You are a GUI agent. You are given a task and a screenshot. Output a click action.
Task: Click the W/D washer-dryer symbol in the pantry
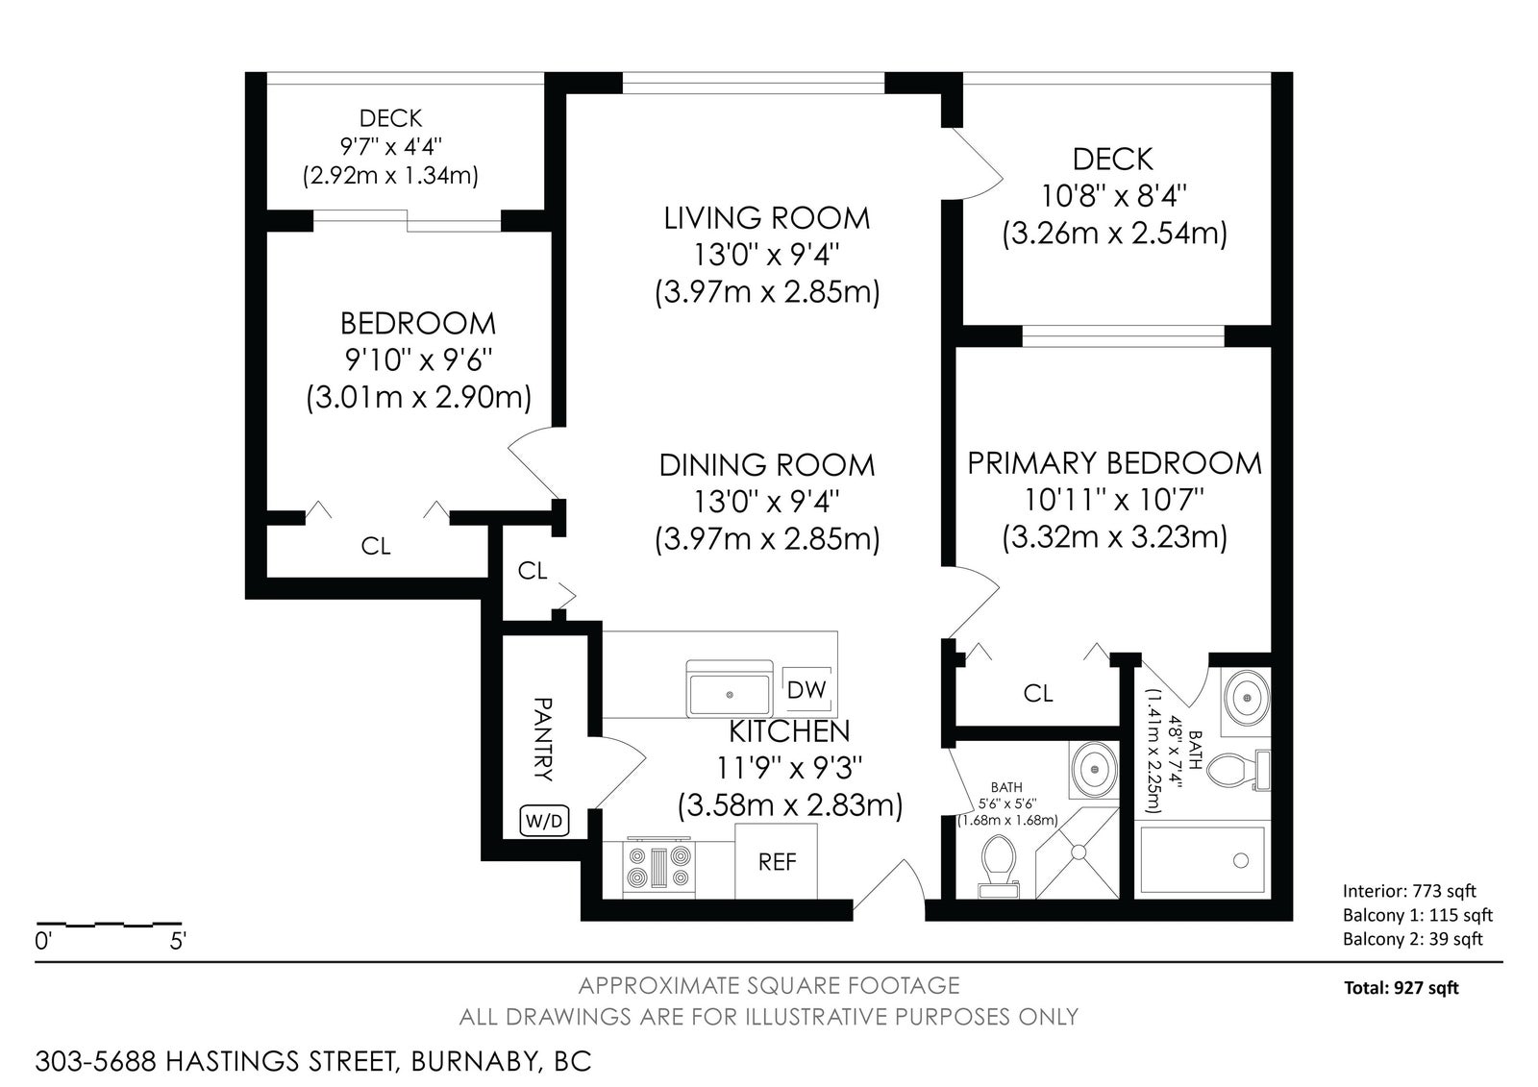click(x=545, y=820)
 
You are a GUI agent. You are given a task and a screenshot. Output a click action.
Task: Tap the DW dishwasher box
click(x=807, y=689)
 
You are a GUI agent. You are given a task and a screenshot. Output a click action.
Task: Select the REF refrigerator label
click(x=778, y=862)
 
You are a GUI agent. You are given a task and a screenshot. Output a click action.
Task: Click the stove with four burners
click(x=659, y=867)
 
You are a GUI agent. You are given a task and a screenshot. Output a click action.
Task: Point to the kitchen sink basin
click(x=730, y=694)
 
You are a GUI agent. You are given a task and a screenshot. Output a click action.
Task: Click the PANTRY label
click(x=543, y=739)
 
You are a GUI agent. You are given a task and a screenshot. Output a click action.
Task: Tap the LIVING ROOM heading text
click(x=767, y=218)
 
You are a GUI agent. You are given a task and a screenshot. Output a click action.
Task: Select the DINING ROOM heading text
click(x=767, y=465)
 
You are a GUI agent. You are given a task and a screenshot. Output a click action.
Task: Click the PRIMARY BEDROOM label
click(x=1114, y=463)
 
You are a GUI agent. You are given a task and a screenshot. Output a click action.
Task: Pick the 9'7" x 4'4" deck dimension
click(x=390, y=146)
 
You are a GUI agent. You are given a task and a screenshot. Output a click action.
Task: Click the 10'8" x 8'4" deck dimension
click(x=1114, y=197)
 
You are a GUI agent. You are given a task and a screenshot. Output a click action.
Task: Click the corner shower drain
click(x=1079, y=852)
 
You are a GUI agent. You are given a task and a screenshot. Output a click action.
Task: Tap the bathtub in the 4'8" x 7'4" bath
click(x=1203, y=861)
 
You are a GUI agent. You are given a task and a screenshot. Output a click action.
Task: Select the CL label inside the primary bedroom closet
click(x=1038, y=694)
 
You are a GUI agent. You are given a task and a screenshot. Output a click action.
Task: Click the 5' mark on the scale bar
click(x=178, y=941)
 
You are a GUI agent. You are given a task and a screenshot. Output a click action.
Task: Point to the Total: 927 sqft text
click(x=1402, y=988)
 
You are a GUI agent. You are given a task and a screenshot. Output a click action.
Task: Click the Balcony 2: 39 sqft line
click(x=1413, y=939)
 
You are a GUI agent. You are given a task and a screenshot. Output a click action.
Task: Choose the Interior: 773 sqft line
click(x=1409, y=891)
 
